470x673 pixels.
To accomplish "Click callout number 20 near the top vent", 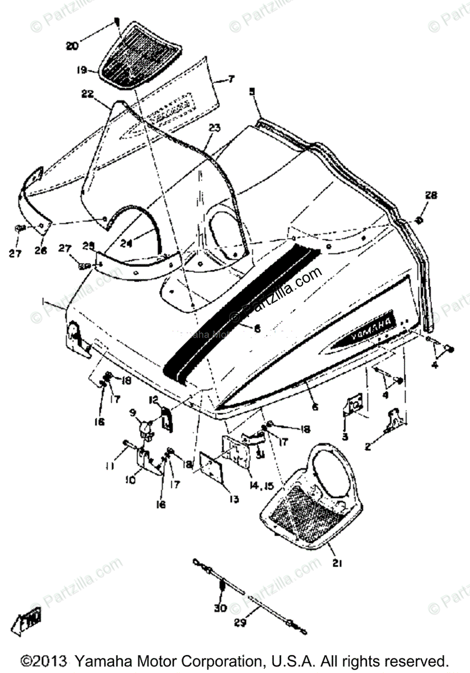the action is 72,46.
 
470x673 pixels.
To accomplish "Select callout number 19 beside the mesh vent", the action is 82,71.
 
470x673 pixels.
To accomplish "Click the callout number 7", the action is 231,80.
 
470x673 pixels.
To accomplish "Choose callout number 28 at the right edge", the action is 430,196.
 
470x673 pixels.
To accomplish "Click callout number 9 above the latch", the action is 133,413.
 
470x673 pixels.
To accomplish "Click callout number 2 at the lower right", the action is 383,448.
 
